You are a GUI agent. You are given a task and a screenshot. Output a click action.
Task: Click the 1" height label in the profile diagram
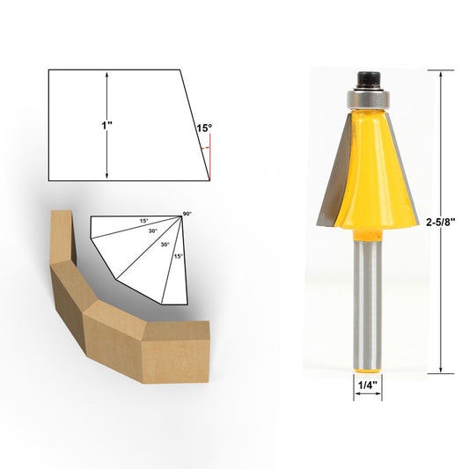pyautogui.click(x=106, y=126)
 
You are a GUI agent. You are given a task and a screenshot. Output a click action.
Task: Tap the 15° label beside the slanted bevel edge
pyautogui.click(x=203, y=128)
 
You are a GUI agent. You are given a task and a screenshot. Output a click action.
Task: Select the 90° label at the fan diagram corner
pyautogui.click(x=187, y=214)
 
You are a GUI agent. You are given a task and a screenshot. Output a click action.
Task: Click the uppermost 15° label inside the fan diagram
pyautogui.click(x=143, y=220)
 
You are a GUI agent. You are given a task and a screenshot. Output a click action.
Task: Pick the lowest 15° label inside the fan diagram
pyautogui.click(x=179, y=256)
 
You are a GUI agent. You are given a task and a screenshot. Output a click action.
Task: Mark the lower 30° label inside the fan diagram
pyautogui.click(x=165, y=245)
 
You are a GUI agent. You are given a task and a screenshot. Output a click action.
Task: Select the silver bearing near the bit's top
pyautogui.click(x=367, y=91)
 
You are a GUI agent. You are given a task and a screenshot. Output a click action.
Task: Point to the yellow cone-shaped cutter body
pyautogui.click(x=367, y=176)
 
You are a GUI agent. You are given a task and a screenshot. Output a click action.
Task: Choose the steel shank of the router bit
pyautogui.click(x=367, y=299)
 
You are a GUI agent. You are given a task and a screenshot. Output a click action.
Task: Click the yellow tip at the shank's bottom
pyautogui.click(x=367, y=363)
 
